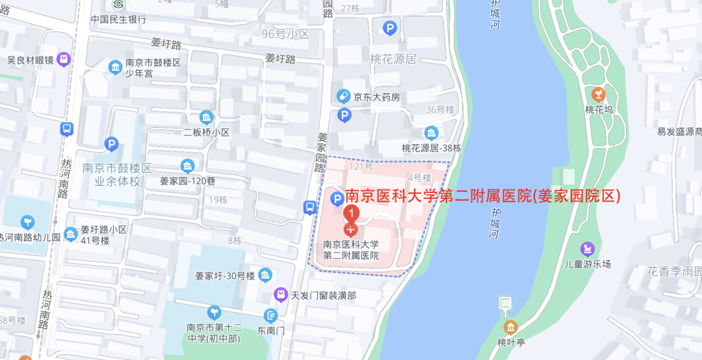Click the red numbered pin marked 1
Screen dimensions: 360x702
(351, 212)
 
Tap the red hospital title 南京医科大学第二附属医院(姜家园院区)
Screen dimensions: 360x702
(482, 196)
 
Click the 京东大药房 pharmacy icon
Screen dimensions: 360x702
(343, 97)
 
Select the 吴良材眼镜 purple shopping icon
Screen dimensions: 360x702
(64, 60)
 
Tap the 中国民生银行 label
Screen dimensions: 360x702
(118, 19)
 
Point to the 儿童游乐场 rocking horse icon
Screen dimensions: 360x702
(588, 248)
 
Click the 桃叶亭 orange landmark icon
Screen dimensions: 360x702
(510, 327)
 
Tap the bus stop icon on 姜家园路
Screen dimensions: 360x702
(310, 208)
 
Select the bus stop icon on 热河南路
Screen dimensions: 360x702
(67, 129)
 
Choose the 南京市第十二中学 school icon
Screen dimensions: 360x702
(214, 313)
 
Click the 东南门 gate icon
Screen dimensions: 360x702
(271, 316)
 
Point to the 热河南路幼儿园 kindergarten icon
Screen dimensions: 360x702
(27, 222)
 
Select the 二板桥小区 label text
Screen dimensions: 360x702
(207, 133)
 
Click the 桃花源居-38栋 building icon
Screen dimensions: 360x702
(432, 133)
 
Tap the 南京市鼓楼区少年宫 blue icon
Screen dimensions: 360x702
(116, 67)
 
